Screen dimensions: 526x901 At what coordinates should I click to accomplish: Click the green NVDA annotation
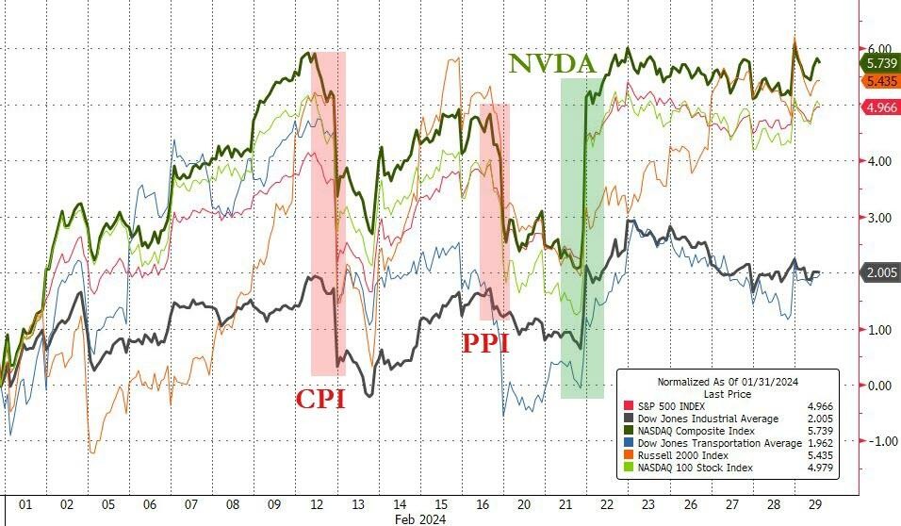pos(554,64)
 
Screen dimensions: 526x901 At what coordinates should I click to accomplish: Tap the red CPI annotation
pos(320,399)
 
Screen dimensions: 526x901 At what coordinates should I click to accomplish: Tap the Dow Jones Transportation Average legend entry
pos(711,443)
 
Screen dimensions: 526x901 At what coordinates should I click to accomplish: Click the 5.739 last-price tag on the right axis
pos(881,63)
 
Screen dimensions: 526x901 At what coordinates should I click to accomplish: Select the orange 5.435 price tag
pos(881,81)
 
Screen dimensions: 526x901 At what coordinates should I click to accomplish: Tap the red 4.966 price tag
pos(881,107)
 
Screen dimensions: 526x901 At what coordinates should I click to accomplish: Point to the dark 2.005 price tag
pos(881,272)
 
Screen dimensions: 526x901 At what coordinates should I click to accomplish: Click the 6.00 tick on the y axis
pos(879,49)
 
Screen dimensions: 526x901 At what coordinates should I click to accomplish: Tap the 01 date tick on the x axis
pos(25,504)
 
